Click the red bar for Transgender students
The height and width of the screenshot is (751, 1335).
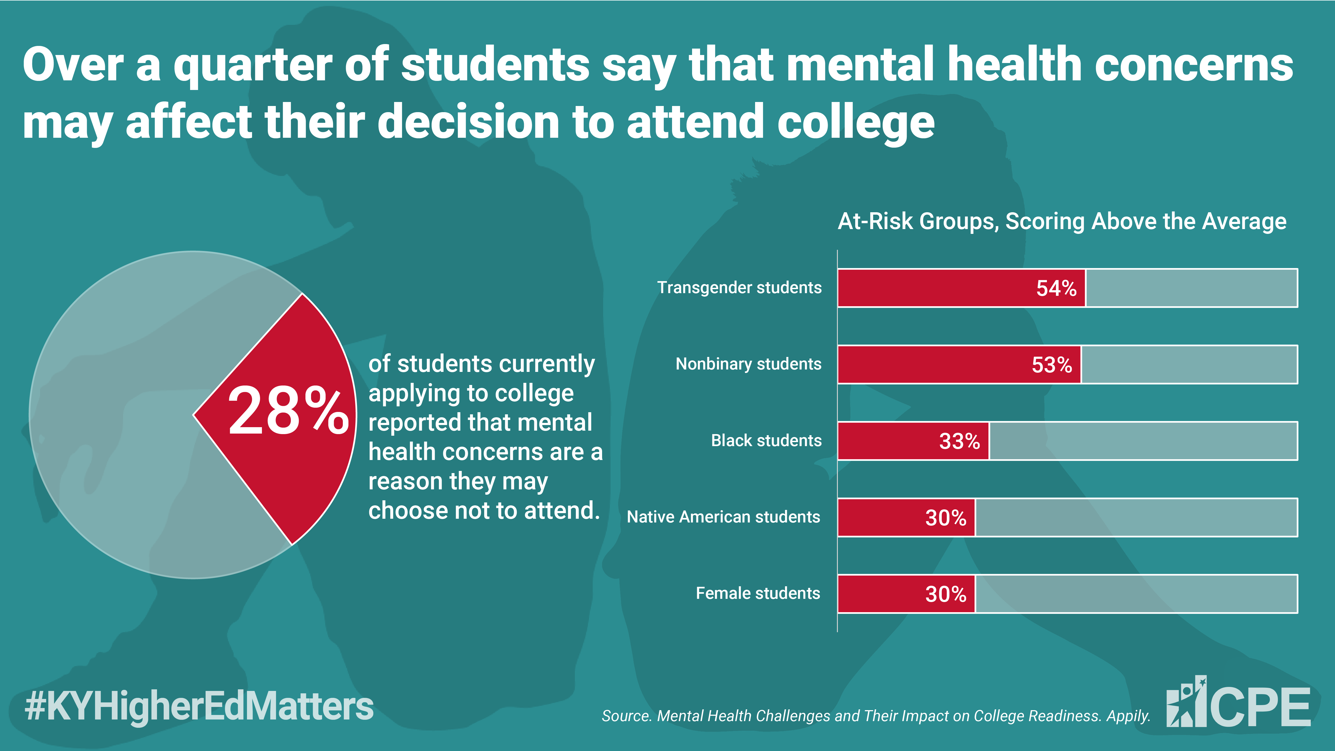point(961,288)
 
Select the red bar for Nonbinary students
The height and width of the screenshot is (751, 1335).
point(959,364)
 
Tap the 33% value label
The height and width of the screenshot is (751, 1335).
point(959,441)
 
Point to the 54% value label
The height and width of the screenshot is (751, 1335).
point(1056,288)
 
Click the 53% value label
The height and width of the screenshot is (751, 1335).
point(1051,365)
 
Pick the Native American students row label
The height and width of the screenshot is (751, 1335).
point(724,517)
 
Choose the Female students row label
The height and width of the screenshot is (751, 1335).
point(758,593)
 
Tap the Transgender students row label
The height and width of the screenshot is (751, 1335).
point(740,288)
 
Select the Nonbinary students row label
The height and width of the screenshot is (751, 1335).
point(748,364)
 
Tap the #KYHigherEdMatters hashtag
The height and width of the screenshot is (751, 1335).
point(199,706)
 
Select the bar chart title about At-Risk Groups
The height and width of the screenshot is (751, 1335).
point(1062,221)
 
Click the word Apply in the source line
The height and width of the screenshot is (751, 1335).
point(1128,716)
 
